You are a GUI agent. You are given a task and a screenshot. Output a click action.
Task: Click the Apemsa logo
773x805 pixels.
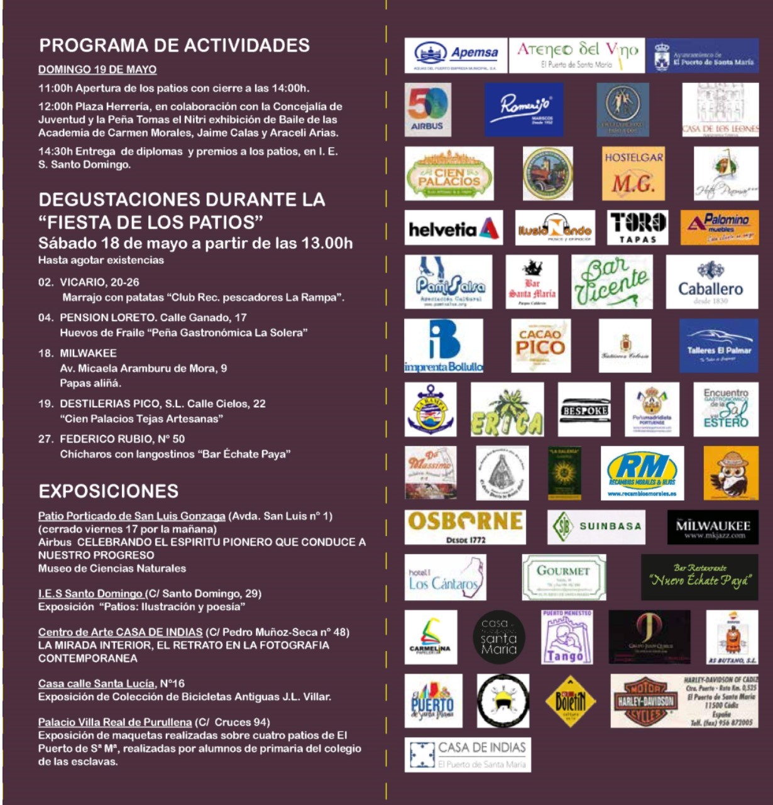tap(456, 56)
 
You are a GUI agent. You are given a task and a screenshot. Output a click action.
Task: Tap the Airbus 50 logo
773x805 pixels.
tap(427, 109)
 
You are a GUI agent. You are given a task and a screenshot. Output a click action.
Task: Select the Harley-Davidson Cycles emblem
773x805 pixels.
tap(644, 701)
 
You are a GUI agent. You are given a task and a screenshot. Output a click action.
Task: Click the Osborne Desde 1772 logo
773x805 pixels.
tap(464, 527)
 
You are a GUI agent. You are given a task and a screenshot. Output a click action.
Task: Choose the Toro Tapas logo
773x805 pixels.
tap(637, 227)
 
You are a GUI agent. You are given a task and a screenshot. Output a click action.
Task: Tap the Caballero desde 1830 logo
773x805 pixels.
tap(711, 282)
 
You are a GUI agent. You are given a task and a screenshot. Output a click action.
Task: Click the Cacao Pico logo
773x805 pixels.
tap(540, 345)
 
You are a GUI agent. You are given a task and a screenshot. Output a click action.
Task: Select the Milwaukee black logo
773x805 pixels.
tap(713, 527)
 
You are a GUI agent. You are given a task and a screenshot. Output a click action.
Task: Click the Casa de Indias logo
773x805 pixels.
tap(468, 754)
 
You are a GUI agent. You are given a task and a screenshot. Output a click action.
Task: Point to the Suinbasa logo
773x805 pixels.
tap(596, 527)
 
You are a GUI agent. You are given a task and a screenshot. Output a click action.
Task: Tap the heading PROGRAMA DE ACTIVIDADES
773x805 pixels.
tap(174, 45)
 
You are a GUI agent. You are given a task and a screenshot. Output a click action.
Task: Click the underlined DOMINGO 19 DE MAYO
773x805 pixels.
tap(97, 69)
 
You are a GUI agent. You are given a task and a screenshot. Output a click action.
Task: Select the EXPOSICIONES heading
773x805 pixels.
tap(109, 491)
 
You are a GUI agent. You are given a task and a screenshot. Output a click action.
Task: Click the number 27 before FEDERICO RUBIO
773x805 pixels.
tap(45, 439)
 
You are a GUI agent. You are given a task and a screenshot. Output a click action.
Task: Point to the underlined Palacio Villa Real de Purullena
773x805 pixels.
tap(115, 722)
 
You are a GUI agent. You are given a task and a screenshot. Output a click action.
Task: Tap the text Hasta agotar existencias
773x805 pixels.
tap(101, 260)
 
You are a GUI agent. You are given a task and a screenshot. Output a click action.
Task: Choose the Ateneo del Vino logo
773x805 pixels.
tap(576, 56)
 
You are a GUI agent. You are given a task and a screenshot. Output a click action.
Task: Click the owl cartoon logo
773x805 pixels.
tap(730, 473)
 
